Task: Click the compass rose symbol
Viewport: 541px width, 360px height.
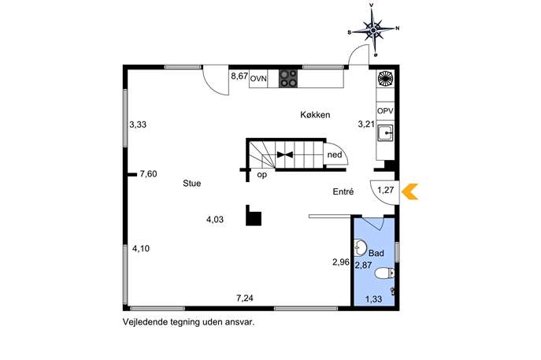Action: [x=373, y=30]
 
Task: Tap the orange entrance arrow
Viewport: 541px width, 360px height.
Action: [x=410, y=191]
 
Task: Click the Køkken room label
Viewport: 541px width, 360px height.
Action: [x=315, y=115]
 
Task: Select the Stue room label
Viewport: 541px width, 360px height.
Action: [x=192, y=184]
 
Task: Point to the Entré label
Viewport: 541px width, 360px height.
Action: [x=343, y=191]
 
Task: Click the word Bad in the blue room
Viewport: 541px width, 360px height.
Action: [x=376, y=253]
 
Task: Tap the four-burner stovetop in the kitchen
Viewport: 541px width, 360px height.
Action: [x=288, y=78]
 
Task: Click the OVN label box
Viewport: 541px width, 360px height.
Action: [x=258, y=79]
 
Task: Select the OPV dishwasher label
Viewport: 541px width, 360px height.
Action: [x=385, y=111]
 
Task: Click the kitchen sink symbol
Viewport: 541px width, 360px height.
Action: [x=385, y=132]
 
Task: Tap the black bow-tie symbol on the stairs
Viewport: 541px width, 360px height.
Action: [x=285, y=154]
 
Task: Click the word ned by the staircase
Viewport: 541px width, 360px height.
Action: [x=335, y=154]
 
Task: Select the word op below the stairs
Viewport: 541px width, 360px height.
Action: [x=262, y=175]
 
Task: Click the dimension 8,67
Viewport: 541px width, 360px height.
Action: [x=239, y=76]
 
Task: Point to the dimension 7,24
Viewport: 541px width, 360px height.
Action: [x=245, y=298]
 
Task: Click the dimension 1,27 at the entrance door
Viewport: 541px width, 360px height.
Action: [x=385, y=190]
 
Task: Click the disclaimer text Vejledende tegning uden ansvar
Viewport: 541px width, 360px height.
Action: [x=189, y=322]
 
